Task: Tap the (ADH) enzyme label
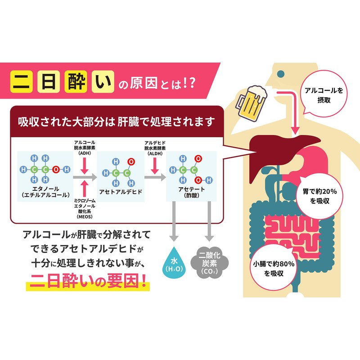(x=84, y=153)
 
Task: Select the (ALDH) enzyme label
(x=154, y=153)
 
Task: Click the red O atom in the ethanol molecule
(x=55, y=170)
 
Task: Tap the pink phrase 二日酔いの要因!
(x=88, y=284)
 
